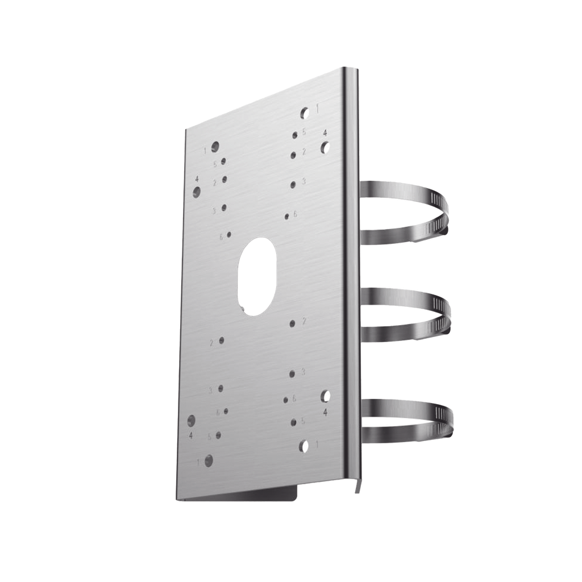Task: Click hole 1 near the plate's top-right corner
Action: [x=306, y=113]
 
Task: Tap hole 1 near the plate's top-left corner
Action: [x=215, y=148]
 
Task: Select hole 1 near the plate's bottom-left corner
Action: [x=209, y=460]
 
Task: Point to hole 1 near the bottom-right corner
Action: [x=306, y=445]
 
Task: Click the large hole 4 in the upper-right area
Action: [x=325, y=148]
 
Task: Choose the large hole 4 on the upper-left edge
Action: [x=197, y=191]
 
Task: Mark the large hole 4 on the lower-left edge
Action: [x=192, y=421]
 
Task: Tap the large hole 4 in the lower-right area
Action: [x=326, y=396]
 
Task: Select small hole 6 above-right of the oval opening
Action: [x=288, y=215]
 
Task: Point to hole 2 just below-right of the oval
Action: [x=292, y=323]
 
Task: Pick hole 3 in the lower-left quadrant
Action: [x=221, y=389]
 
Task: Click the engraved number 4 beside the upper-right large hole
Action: [x=325, y=132]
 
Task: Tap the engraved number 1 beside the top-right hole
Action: [x=317, y=107]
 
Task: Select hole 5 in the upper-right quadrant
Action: [x=295, y=135]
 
